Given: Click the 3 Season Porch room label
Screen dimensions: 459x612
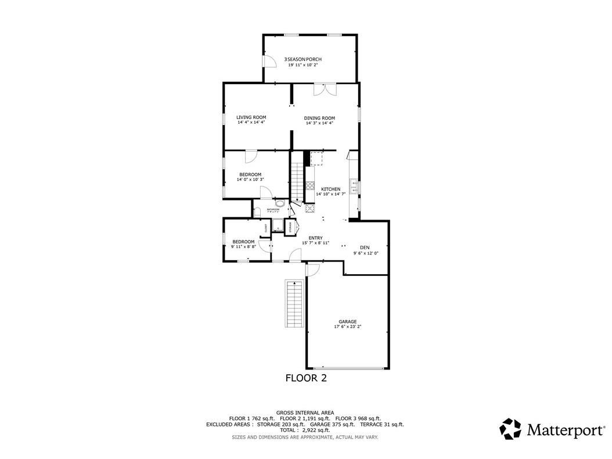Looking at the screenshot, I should point(303,59).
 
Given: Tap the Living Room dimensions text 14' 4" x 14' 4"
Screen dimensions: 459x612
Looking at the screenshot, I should point(251,123).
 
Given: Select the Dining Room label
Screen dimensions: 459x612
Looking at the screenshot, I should point(319,118).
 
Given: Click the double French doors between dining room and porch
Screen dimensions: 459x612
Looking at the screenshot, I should point(325,89).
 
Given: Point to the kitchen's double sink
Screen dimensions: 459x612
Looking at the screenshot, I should point(353,187).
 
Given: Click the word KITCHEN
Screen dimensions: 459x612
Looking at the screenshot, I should point(331,189).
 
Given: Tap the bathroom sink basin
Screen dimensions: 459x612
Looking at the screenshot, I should point(280,204).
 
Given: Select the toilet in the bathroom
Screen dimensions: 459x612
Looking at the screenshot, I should point(257,211).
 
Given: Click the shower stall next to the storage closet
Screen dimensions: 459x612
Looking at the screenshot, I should point(278,227).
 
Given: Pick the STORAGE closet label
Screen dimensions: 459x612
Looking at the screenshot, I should point(291,227).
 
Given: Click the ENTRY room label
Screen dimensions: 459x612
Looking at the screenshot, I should point(315,238).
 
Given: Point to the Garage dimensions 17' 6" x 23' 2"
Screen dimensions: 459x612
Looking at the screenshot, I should point(348,327).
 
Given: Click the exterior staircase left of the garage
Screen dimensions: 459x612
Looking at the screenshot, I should point(294,304).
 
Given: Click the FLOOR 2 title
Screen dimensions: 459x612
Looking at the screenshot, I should point(306,378).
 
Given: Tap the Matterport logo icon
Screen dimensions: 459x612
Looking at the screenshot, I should point(511,429).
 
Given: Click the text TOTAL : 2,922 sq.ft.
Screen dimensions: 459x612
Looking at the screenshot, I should point(305,430).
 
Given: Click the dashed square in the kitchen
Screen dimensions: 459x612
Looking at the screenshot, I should point(317,159).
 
